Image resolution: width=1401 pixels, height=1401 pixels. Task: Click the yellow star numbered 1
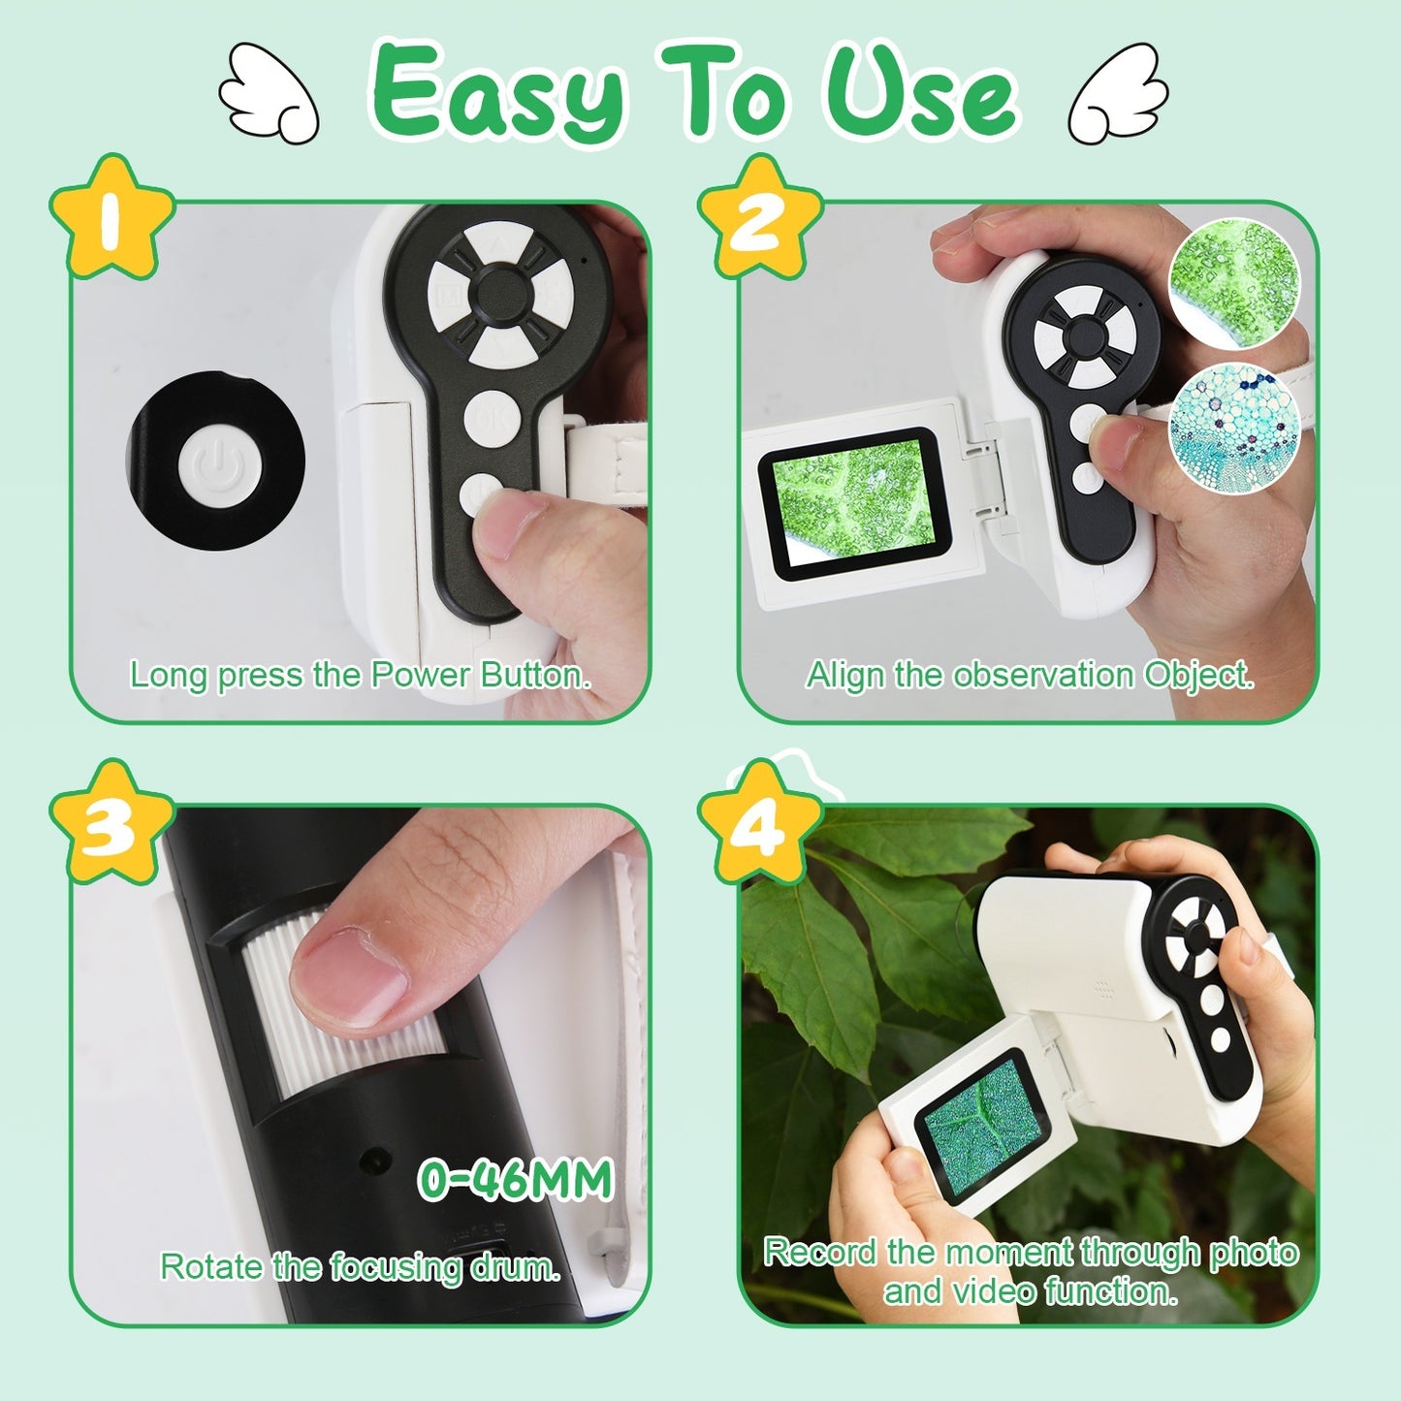(111, 219)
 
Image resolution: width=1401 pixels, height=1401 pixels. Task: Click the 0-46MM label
(516, 1179)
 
